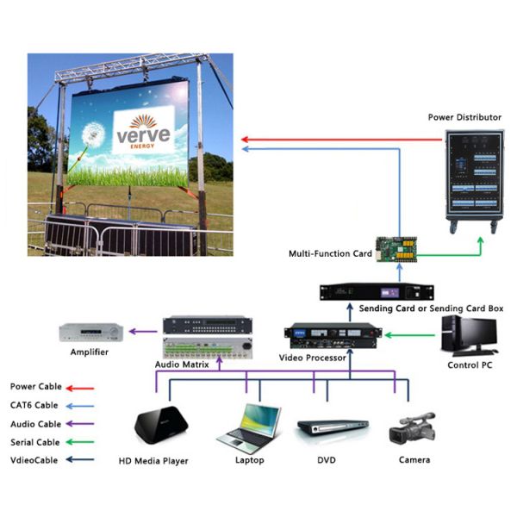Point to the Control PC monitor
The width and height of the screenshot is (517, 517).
click(473, 333)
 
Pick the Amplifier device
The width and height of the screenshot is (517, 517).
click(92, 331)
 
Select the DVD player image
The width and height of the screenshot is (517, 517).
click(327, 428)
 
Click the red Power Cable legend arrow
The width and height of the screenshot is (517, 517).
click(83, 388)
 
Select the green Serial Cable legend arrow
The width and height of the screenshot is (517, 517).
click(83, 442)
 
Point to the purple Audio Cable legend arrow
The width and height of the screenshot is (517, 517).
click(83, 424)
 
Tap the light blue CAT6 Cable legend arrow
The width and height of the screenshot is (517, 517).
click(83, 405)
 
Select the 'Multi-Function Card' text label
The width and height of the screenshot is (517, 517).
click(330, 254)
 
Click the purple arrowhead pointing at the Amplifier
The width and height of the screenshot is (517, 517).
click(130, 330)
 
